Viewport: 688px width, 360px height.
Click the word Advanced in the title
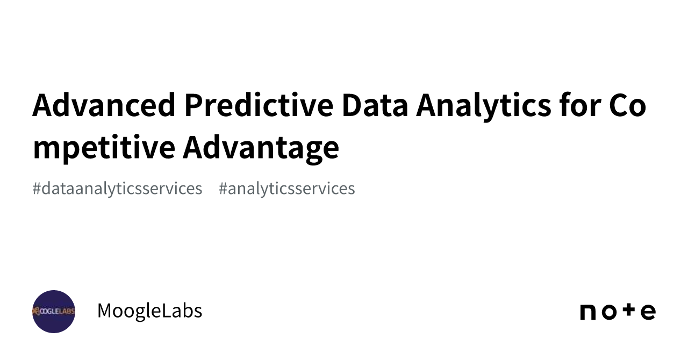click(x=104, y=105)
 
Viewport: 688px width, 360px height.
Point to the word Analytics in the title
click(x=483, y=106)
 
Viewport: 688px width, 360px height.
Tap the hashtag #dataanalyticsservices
click(x=117, y=189)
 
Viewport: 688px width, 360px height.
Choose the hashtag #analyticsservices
click(x=286, y=189)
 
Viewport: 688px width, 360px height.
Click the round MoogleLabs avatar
click(x=54, y=312)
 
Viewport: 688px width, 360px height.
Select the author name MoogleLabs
click(x=149, y=311)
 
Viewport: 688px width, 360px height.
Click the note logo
click(x=618, y=312)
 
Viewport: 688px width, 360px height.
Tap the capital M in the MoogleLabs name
click(x=106, y=311)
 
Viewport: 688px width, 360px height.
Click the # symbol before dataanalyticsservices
click(x=37, y=189)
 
